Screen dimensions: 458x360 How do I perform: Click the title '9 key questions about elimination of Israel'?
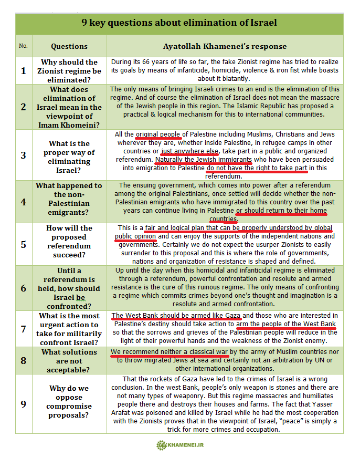179,23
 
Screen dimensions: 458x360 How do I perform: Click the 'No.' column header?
23,46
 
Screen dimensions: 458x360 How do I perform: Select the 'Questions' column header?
69,46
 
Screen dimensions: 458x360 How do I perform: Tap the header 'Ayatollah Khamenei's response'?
225,46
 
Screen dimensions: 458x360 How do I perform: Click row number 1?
23,70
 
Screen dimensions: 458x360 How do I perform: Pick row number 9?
23,403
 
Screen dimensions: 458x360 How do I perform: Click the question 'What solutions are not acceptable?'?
69,360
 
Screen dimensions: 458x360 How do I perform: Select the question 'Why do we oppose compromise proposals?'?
69,402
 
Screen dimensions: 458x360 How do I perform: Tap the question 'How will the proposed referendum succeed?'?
69,242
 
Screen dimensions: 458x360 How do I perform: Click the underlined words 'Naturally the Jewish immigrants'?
204,160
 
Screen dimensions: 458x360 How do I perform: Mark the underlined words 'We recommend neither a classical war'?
170,352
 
